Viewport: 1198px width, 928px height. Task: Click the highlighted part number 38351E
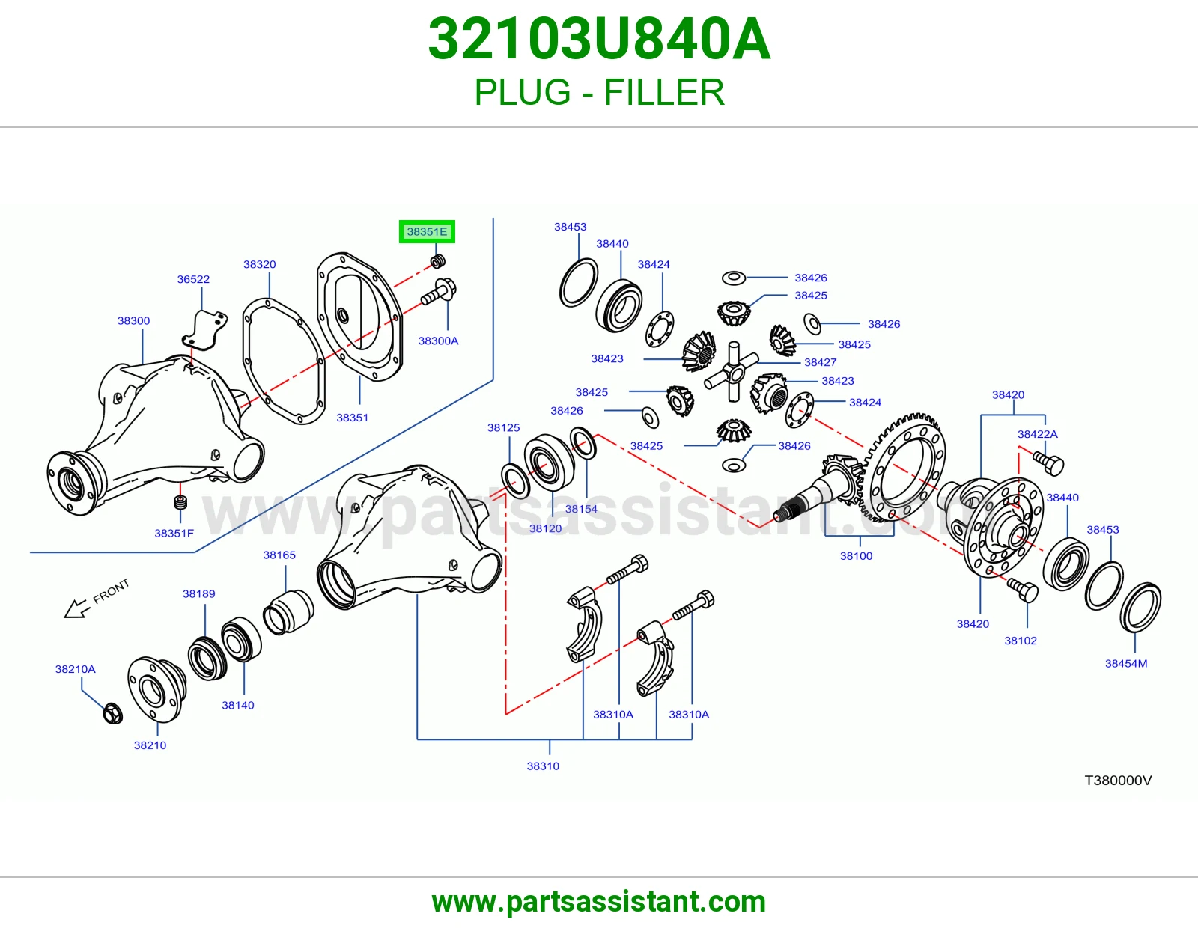[427, 231]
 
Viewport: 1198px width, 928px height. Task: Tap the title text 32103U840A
[599, 40]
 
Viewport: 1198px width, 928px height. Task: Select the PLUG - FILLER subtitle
[599, 92]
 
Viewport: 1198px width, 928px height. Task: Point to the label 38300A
[438, 341]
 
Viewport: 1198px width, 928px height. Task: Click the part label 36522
[193, 279]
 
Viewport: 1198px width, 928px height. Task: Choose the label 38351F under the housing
[174, 533]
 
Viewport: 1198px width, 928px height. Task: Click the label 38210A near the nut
[76, 669]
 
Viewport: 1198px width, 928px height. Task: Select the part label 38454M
[1126, 664]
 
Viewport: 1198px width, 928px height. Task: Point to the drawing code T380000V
[1118, 781]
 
